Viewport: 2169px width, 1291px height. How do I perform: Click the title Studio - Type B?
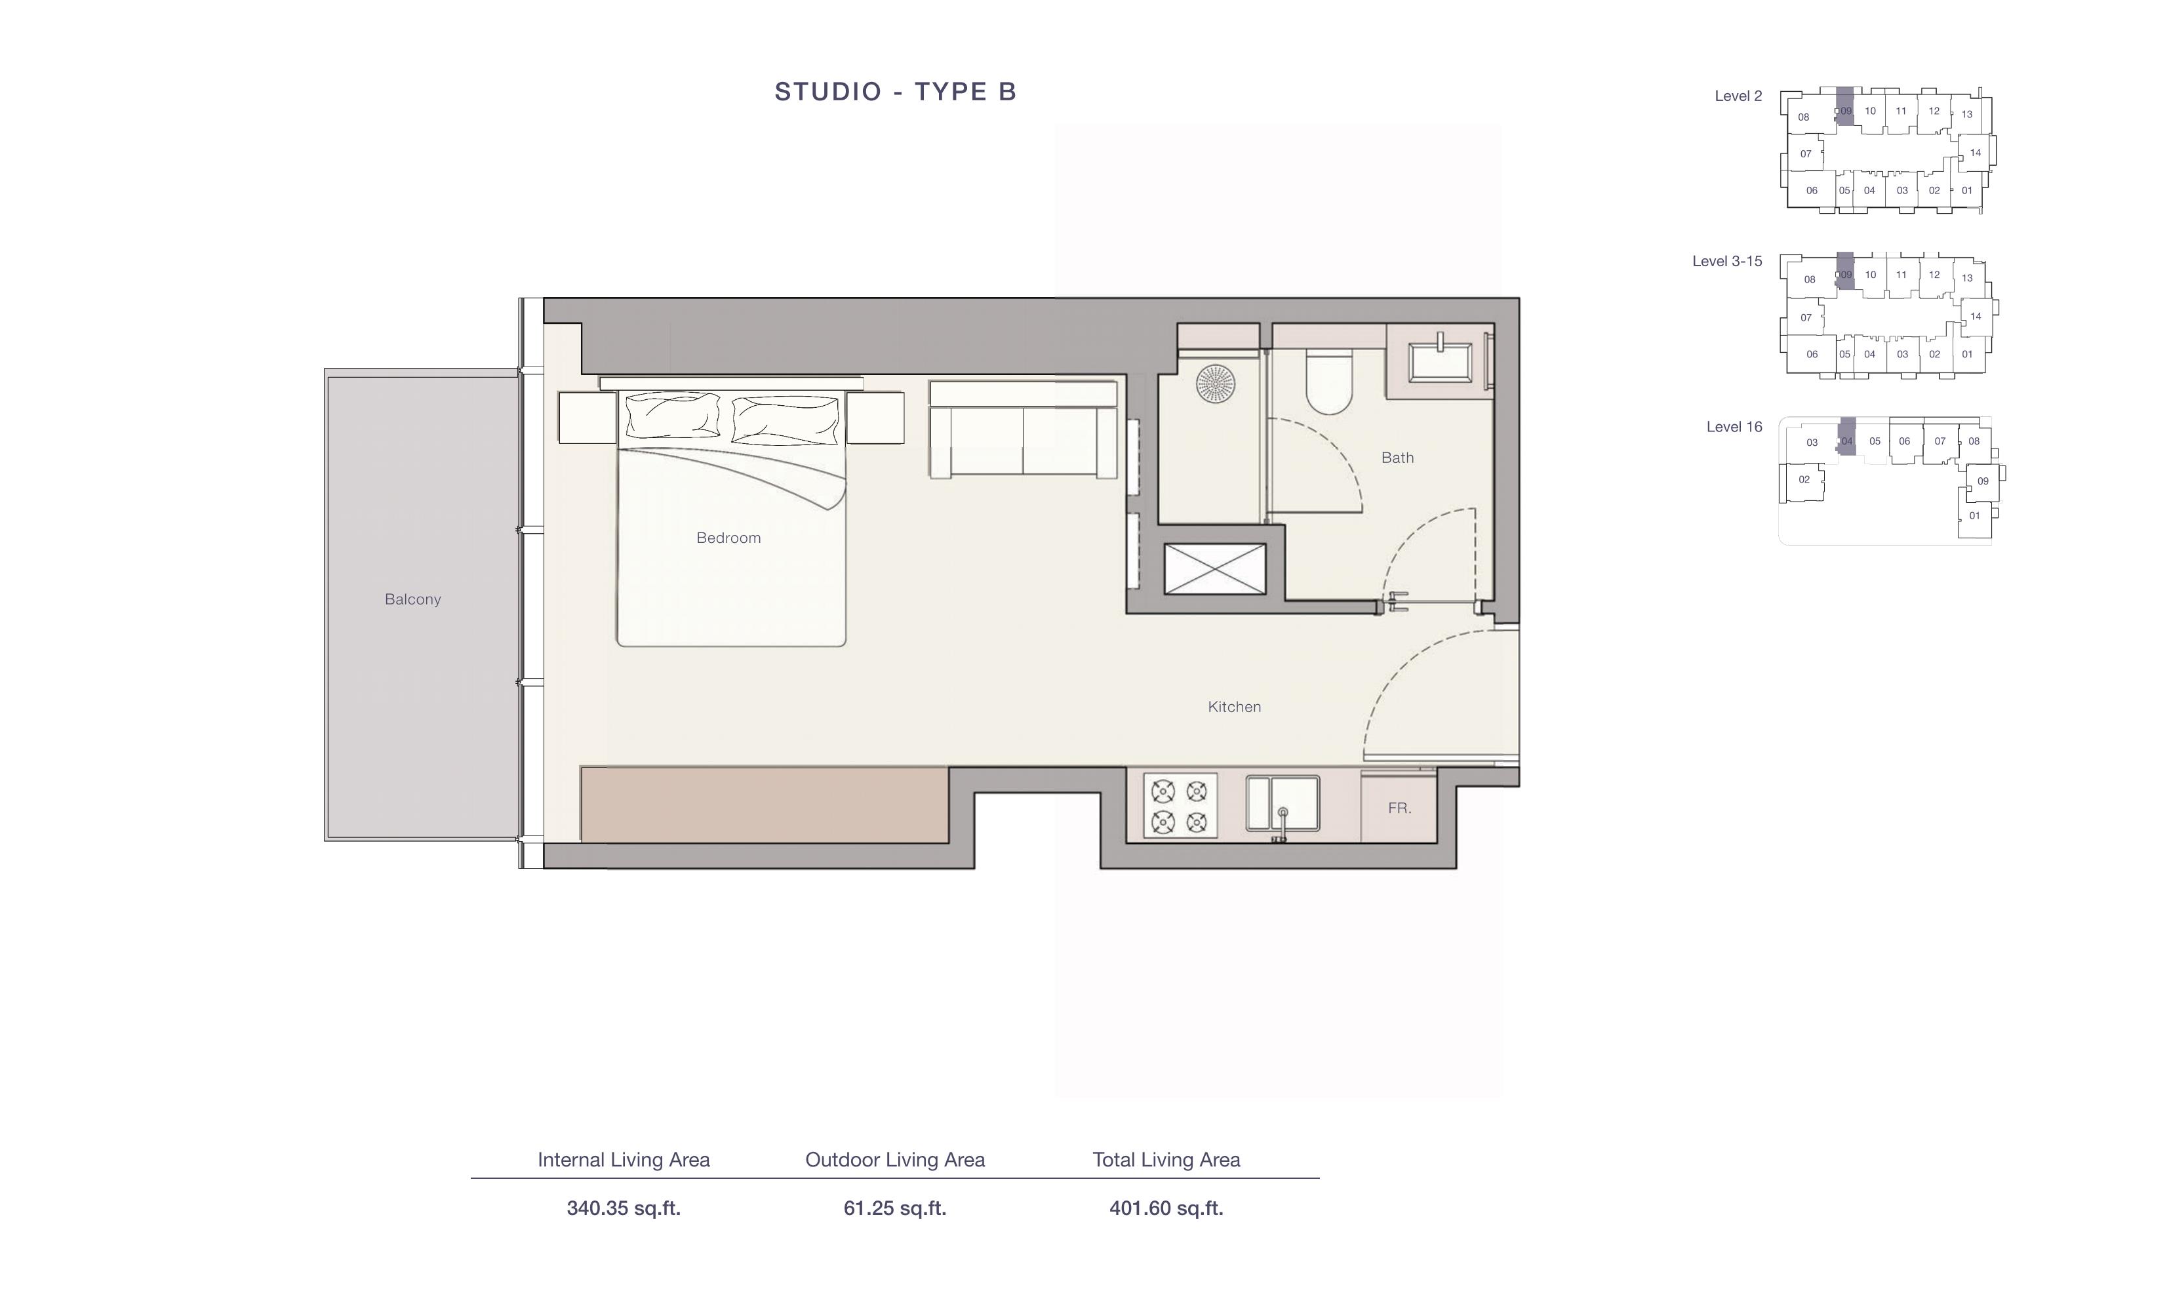tap(895, 91)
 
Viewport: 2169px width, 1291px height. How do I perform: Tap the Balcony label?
tap(412, 599)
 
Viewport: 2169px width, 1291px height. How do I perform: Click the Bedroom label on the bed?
tap(729, 538)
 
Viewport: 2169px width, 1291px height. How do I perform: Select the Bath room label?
tap(1397, 458)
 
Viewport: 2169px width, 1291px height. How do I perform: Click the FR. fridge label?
tap(1399, 808)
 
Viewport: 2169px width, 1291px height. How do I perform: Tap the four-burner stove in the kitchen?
tap(1180, 806)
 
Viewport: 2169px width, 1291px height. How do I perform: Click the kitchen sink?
tap(1283, 804)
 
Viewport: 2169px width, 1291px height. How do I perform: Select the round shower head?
tap(1215, 383)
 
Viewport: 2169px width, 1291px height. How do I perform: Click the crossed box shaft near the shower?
tap(1214, 569)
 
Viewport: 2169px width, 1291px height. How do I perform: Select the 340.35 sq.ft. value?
tap(624, 1208)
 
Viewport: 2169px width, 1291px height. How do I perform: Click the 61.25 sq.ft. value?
tap(895, 1208)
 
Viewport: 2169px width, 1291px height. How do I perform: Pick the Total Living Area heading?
tap(1166, 1160)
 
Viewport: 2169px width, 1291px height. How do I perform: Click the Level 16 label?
tap(1734, 427)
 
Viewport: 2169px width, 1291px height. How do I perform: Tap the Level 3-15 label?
tap(1727, 261)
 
